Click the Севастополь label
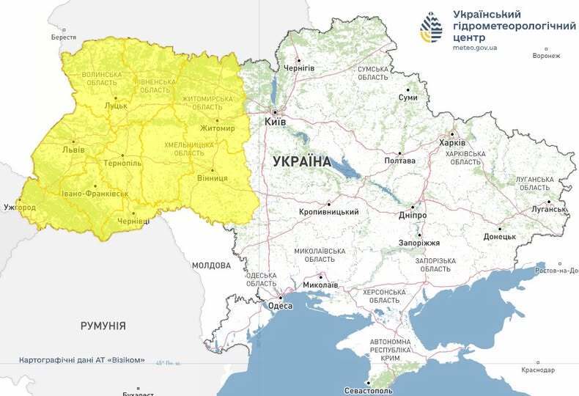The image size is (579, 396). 370,390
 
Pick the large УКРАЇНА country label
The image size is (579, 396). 301,161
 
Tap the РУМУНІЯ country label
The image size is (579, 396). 103,325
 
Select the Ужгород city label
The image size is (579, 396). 18,208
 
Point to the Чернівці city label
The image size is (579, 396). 133,221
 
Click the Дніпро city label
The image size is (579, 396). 412,216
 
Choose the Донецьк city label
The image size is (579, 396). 500,237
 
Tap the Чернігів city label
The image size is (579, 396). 298,67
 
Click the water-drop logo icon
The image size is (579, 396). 431,28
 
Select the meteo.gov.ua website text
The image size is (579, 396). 476,47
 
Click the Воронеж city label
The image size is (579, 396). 546,56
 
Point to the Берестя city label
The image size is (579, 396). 64,37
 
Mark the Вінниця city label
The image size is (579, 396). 213,178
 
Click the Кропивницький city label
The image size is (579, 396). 329,212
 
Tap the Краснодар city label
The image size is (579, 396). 538,370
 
